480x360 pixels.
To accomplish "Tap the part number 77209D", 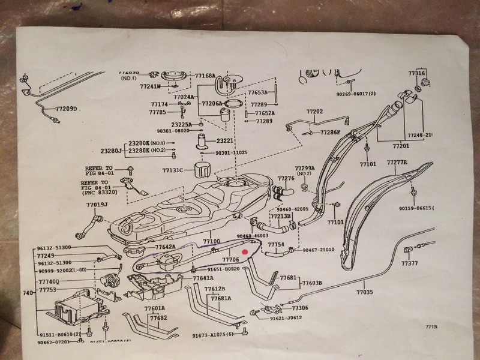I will coord(67,109).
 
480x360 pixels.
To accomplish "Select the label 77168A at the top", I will coord(205,76).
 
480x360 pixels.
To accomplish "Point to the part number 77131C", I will coord(173,170).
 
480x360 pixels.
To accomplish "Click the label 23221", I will coord(226,140).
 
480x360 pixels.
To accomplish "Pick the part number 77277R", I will coord(397,163).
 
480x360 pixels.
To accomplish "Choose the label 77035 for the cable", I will coord(364,292).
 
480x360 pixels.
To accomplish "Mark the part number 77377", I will coord(410,263).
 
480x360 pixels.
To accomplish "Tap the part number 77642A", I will coord(165,247).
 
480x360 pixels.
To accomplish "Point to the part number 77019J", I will coord(97,205).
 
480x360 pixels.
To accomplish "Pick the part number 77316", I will coord(417,73).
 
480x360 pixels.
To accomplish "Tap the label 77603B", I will coord(312,283).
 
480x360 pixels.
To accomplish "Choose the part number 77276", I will coord(286,178).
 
